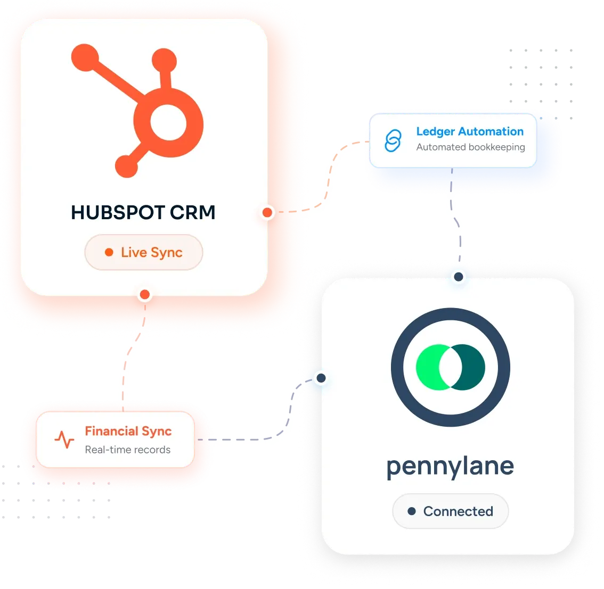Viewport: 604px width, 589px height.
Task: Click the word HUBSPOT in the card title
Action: tap(118, 212)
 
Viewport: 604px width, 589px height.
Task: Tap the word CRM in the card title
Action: tap(193, 212)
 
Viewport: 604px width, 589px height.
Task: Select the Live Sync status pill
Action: tap(144, 252)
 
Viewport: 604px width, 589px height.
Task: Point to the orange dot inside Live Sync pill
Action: tap(109, 252)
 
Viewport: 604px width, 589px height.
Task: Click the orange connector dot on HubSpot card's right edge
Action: tap(267, 212)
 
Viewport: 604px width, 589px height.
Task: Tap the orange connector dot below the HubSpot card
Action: tap(145, 295)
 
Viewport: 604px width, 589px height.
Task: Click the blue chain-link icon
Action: tap(393, 141)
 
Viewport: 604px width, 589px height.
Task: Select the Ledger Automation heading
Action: tap(470, 131)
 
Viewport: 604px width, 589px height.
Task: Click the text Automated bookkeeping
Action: tap(471, 147)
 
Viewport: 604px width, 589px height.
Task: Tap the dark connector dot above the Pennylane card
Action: tap(459, 277)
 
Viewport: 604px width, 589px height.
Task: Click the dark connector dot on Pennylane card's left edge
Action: tap(321, 378)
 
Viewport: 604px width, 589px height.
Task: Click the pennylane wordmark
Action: tap(450, 467)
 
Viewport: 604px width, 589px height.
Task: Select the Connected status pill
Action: tap(450, 511)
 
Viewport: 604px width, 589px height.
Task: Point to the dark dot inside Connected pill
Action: tap(412, 511)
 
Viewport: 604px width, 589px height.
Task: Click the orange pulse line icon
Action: tap(64, 439)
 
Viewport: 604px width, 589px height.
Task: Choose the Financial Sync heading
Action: tap(128, 432)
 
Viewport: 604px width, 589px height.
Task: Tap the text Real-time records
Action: tap(128, 450)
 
